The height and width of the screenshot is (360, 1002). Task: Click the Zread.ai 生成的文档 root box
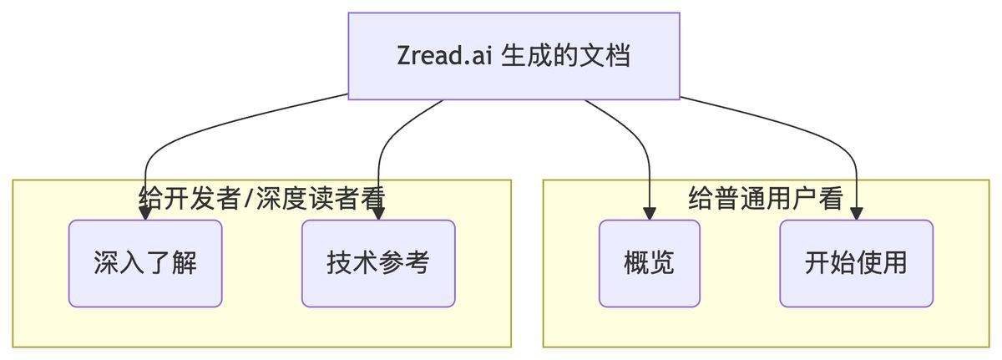pos(514,56)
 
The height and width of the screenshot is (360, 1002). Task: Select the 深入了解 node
pos(145,263)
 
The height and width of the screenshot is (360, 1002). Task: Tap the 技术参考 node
pos(378,263)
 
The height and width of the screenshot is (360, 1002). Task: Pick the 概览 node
pos(649,263)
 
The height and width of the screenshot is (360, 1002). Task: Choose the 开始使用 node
pos(856,263)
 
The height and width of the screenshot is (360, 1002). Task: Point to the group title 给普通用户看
pos(766,199)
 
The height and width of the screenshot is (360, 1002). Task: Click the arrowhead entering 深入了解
pos(145,214)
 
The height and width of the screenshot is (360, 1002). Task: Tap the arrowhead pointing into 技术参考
pos(378,214)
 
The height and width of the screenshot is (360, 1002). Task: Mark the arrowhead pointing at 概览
pos(649,214)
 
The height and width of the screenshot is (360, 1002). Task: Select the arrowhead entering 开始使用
pos(856,214)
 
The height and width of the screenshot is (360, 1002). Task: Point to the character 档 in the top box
pos(618,57)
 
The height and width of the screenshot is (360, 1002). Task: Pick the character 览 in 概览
pos(662,263)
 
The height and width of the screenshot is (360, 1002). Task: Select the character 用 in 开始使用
pos(894,263)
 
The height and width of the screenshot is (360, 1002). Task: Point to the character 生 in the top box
pos(514,57)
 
